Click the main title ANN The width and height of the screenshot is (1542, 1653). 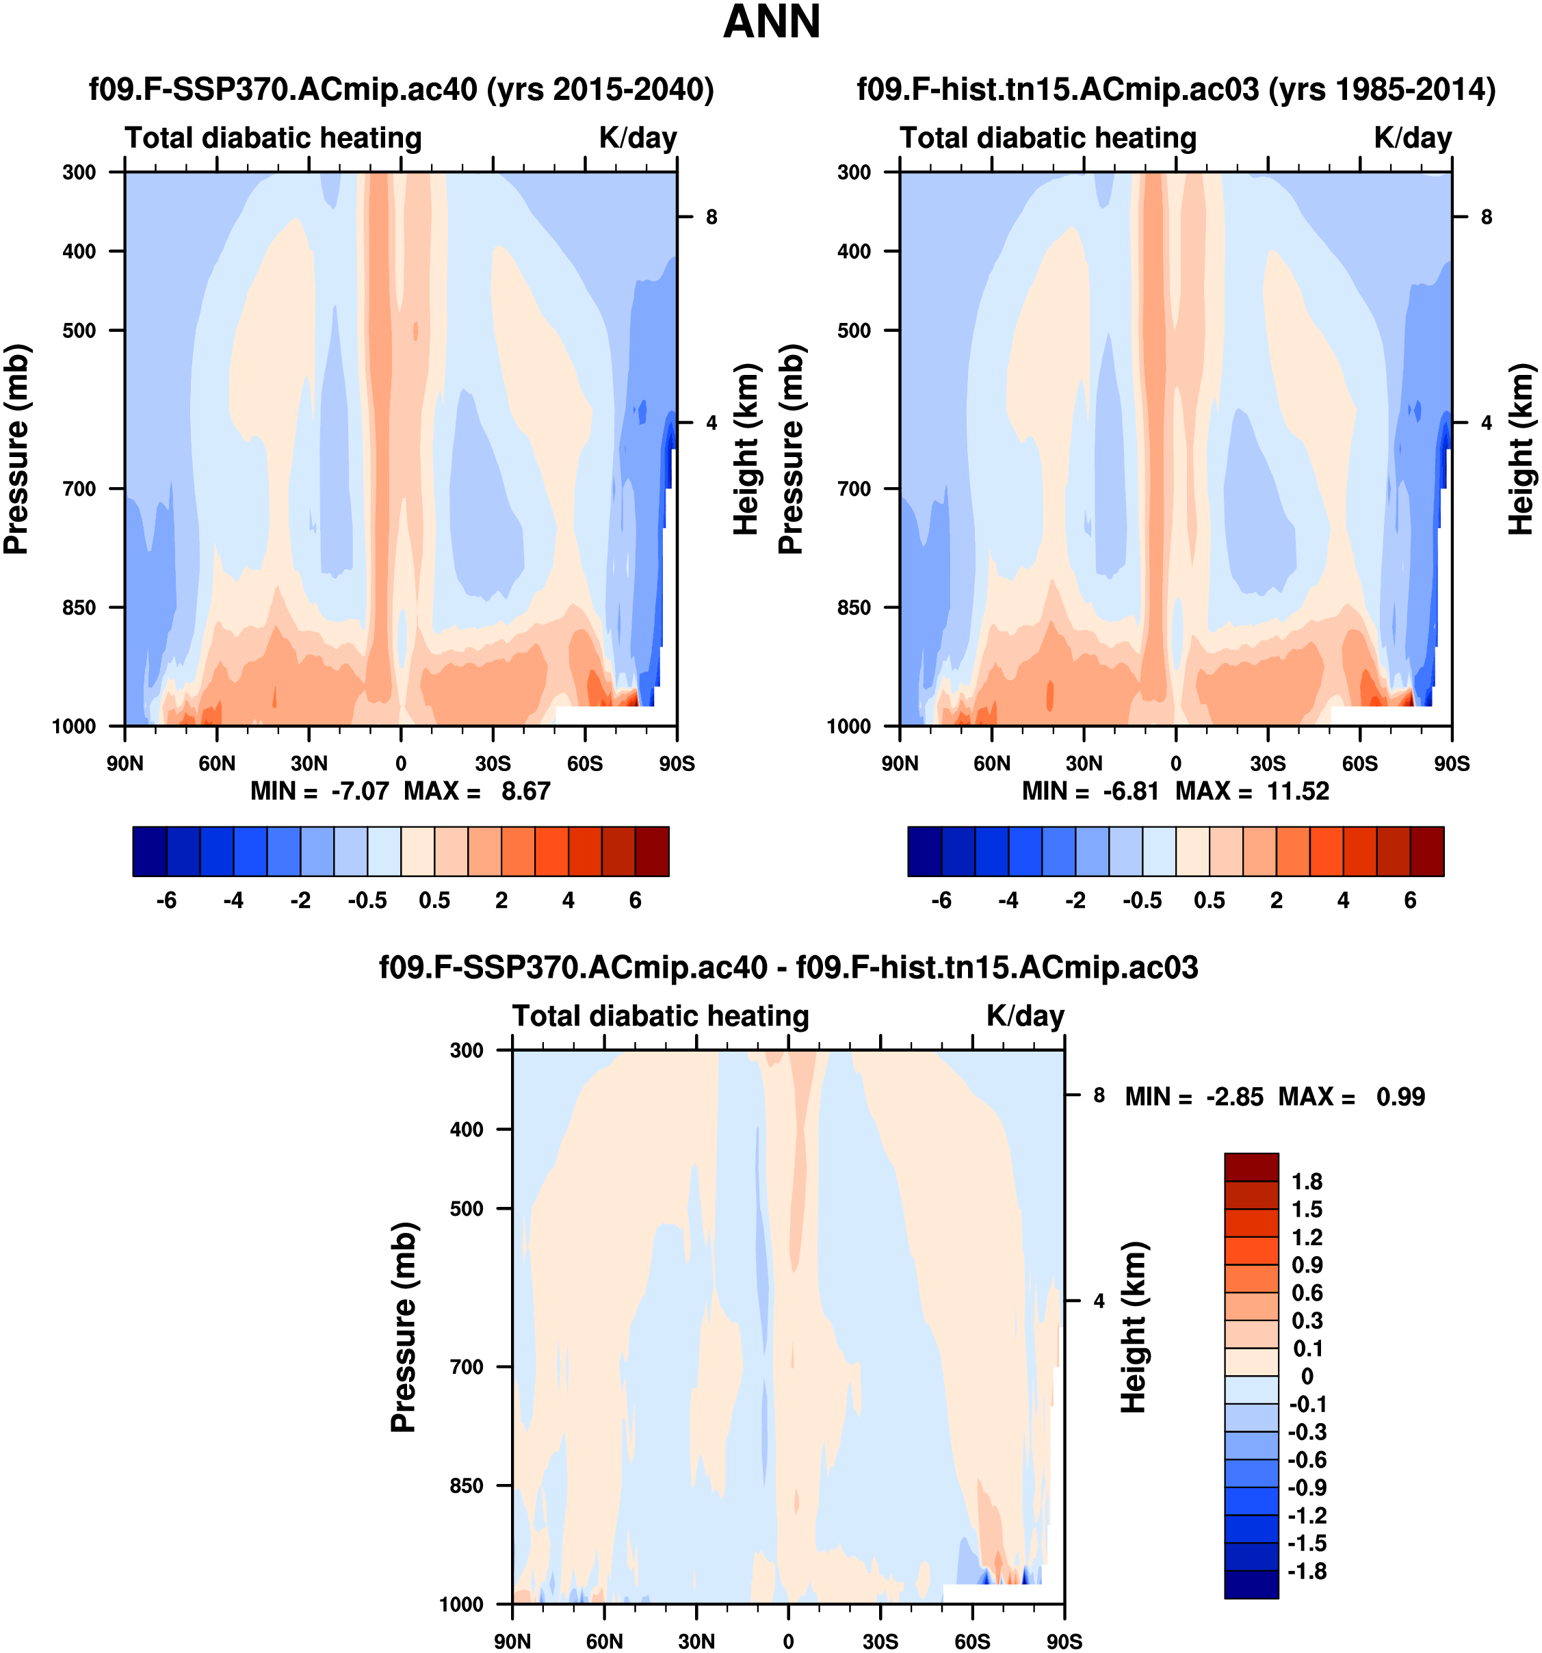pyautogui.click(x=770, y=23)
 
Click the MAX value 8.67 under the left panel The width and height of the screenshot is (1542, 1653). pyautogui.click(x=525, y=791)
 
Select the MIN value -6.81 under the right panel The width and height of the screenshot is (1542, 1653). pyautogui.click(x=1131, y=791)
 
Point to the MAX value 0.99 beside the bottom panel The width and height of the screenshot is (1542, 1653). pyautogui.click(x=1400, y=1097)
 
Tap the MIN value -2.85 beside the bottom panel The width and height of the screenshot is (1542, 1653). pyautogui.click(x=1234, y=1097)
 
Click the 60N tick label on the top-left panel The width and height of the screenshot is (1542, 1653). pyautogui.click(x=217, y=764)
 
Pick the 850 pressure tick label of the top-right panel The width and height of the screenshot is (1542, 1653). pyautogui.click(x=854, y=608)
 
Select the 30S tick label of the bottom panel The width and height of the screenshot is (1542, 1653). pyautogui.click(x=880, y=1641)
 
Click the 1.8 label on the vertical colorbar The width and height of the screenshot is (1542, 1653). pyautogui.click(x=1307, y=1182)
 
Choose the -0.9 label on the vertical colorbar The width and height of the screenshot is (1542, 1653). pyautogui.click(x=1307, y=1487)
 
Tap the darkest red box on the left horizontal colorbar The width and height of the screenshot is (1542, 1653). pyautogui.click(x=652, y=851)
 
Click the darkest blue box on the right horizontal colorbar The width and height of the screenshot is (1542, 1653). pyautogui.click(x=924, y=851)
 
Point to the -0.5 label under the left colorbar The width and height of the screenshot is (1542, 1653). pyautogui.click(x=367, y=900)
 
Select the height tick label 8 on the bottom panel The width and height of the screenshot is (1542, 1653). pyautogui.click(x=1099, y=1095)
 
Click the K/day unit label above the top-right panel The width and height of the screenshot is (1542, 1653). pyautogui.click(x=1412, y=138)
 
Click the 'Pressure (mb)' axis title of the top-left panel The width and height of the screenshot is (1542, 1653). pyautogui.click(x=16, y=449)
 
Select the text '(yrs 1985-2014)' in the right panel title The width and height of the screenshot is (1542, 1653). pyautogui.click(x=1381, y=89)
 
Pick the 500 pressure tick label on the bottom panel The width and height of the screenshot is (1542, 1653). pyautogui.click(x=467, y=1208)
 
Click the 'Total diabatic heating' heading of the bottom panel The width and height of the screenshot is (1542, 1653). pyautogui.click(x=661, y=1016)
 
